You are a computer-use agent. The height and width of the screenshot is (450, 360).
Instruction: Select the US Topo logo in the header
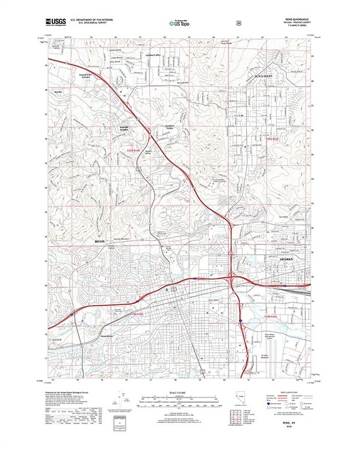(x=179, y=23)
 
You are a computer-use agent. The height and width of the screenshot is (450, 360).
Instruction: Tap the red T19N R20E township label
(x=271, y=316)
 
